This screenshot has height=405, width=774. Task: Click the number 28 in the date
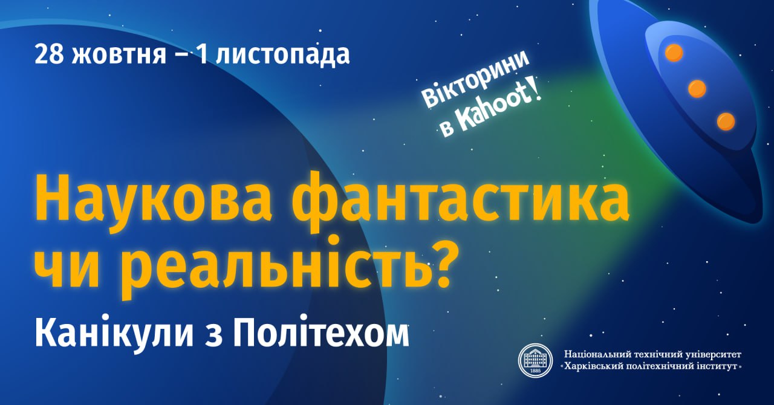49,54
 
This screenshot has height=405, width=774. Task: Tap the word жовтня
120,55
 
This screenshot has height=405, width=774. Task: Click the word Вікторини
476,79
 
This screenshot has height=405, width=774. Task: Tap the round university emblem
535,360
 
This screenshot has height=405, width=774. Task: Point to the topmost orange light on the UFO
674,53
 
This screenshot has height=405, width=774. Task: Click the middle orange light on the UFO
697,88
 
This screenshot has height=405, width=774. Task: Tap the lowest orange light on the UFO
726,121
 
